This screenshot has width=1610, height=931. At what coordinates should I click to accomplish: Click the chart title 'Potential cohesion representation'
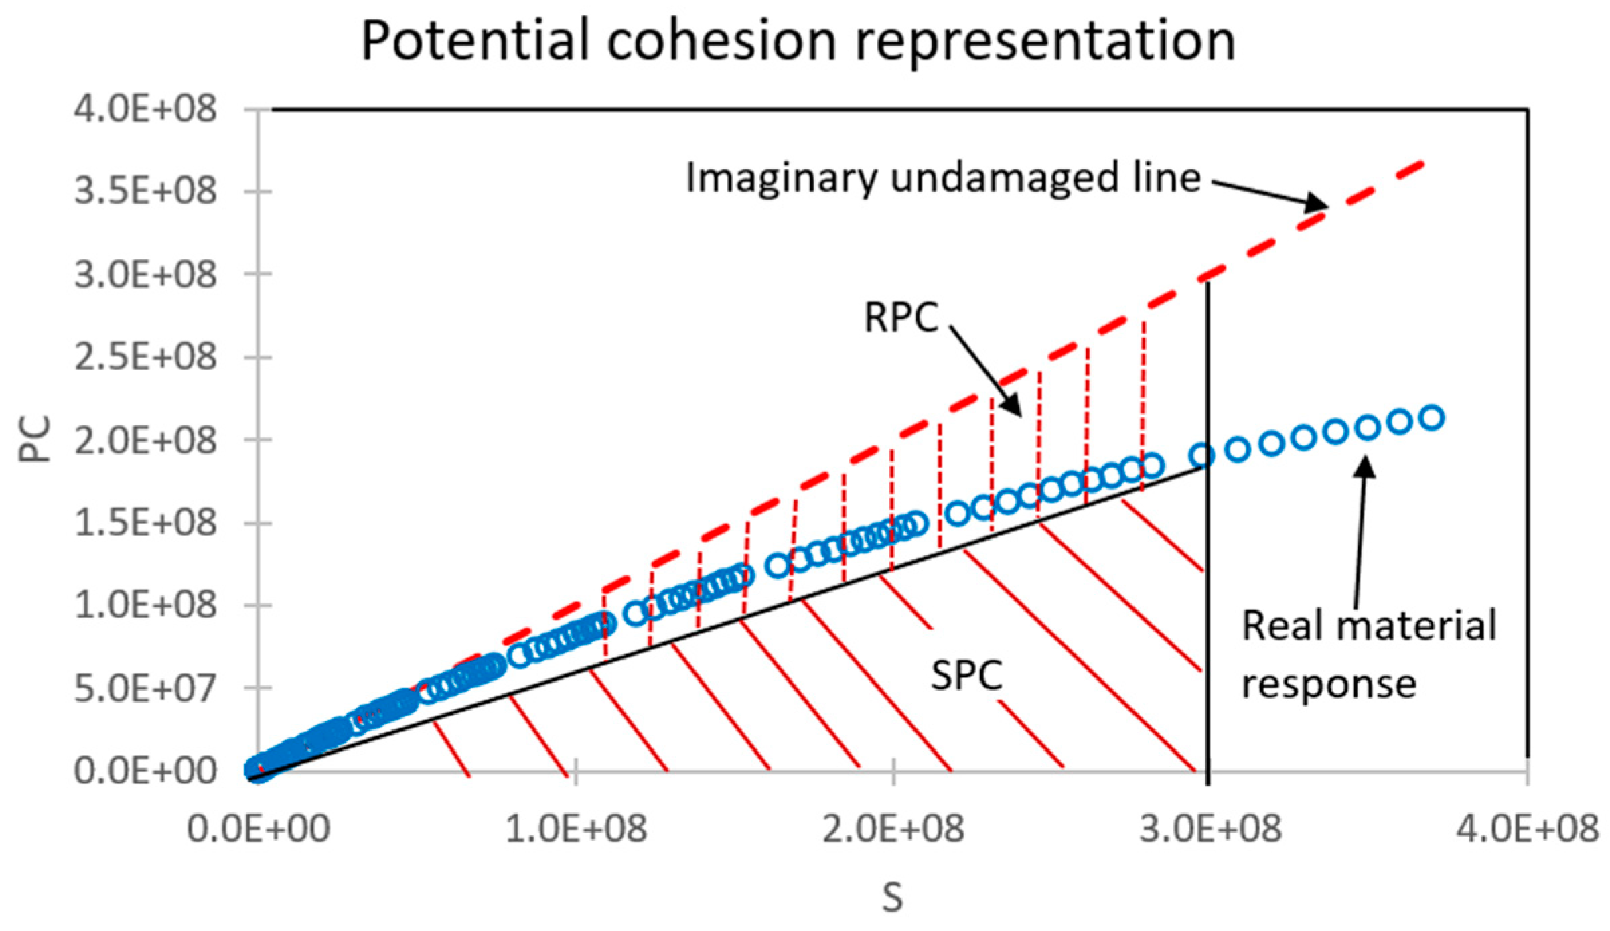[798, 42]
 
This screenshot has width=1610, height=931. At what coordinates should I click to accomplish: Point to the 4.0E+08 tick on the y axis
[145, 109]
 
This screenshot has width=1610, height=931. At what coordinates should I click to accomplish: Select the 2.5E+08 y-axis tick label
[145, 357]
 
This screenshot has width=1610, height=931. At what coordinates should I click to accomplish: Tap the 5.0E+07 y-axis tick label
[145, 688]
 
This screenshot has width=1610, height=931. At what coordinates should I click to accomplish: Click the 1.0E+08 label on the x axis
[576, 829]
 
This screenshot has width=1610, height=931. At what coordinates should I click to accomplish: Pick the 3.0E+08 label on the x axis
[1210, 829]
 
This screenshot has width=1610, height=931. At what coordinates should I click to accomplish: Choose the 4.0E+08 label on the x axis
[1528, 829]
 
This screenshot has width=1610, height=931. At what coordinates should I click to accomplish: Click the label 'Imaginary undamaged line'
[943, 178]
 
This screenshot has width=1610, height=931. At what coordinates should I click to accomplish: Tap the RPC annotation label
[901, 317]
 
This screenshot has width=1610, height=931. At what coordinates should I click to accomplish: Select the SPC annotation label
[966, 675]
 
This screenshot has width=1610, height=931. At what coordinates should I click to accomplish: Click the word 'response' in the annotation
[1329, 685]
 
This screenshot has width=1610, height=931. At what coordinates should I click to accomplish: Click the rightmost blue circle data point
[1432, 418]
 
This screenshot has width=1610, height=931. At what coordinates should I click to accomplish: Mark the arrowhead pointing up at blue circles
[1364, 465]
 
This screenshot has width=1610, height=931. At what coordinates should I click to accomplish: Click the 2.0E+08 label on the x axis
[893, 829]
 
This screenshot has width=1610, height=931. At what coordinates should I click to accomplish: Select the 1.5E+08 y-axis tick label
[145, 522]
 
